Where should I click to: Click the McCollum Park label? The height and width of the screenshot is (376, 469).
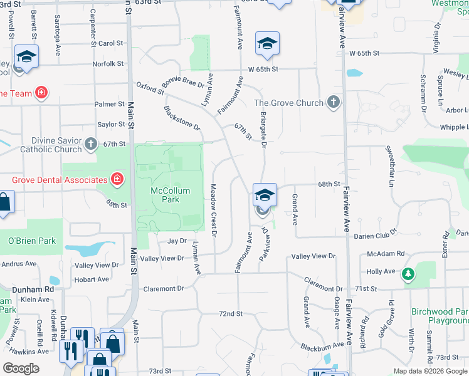tap(166, 195)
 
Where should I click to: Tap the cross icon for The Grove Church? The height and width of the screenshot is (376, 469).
tap(334, 102)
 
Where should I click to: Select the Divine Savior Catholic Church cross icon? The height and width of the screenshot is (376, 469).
tap(91, 145)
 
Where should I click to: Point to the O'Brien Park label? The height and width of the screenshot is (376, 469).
tap(32, 241)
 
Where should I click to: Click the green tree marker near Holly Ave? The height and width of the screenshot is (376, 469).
tap(408, 274)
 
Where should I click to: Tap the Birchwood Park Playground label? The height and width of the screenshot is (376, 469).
tap(440, 316)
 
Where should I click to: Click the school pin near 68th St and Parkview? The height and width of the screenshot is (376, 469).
tap(265, 195)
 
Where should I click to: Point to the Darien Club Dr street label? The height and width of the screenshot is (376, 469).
tap(376, 231)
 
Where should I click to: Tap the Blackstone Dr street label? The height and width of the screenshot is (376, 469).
tap(181, 118)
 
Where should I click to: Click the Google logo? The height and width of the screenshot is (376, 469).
tap(21, 368)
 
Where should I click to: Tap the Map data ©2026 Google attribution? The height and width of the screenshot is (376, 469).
tap(429, 371)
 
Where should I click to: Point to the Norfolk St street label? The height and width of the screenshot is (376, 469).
tap(108, 64)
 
